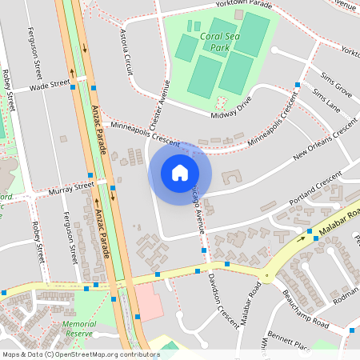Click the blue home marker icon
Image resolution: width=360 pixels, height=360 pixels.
click(x=180, y=173)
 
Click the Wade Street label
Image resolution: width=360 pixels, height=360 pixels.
click(x=50, y=86)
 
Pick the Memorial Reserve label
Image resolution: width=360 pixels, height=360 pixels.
click(x=79, y=329)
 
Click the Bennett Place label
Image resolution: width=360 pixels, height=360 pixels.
click(x=288, y=341)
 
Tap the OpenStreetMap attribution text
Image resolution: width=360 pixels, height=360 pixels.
click(x=81, y=354)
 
